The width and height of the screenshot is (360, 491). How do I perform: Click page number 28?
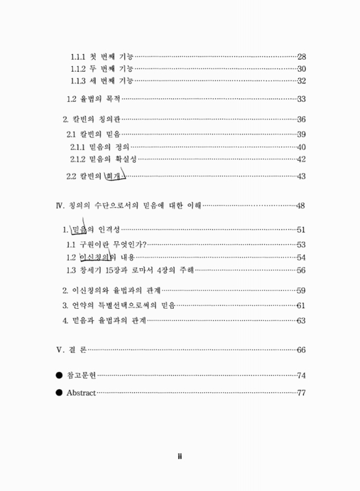coord(302,57)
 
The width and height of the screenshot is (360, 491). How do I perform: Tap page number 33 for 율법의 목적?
coord(302,99)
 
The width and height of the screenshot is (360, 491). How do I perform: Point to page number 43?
coord(302,177)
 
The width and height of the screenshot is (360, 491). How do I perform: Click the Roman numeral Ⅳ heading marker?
coord(60,205)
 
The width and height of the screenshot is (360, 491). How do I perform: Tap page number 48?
coord(302,205)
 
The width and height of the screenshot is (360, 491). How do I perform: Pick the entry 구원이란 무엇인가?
coord(114,244)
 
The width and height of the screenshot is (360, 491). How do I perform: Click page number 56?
coord(302,270)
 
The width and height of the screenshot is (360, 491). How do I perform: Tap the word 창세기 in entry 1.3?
coord(88,270)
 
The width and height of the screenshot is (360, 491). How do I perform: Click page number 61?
coord(302,306)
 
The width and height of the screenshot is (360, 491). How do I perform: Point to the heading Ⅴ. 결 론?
coord(71,350)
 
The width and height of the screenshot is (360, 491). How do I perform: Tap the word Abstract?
coord(80,393)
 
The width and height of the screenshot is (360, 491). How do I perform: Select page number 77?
coord(302,393)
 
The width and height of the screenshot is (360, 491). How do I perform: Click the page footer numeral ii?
coord(180,457)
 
